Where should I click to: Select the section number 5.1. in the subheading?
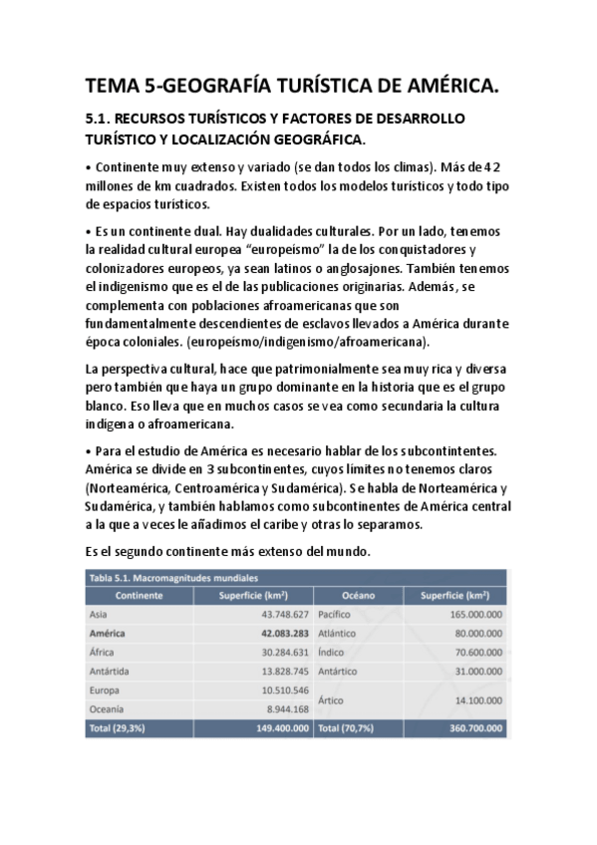104,119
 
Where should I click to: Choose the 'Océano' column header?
358,595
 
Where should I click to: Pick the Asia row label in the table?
99,614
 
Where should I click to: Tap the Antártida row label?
114,671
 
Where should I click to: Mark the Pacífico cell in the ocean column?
337,614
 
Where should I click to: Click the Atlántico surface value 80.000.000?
472,633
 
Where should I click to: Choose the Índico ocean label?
334,652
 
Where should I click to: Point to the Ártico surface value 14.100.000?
472,700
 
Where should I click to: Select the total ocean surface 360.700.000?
468,728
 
